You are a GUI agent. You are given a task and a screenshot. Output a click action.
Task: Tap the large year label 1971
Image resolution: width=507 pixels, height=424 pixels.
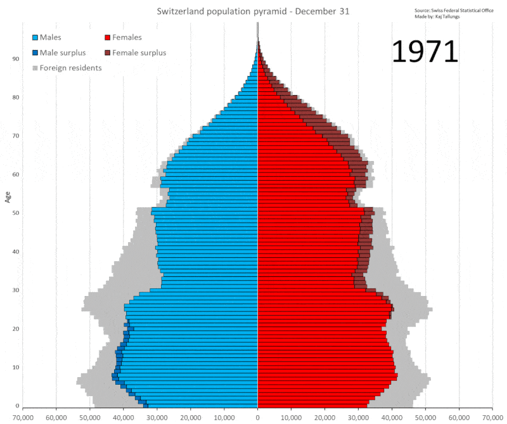tap(425, 53)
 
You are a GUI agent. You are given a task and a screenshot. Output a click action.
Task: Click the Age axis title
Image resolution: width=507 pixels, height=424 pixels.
tap(8, 196)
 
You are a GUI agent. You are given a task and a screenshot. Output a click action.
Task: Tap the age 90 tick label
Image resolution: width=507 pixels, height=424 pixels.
tap(15, 59)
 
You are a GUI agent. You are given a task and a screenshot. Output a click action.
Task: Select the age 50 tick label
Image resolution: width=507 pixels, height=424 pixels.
tap(15, 213)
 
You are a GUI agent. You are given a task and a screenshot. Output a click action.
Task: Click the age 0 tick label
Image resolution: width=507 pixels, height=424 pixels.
tap(17, 406)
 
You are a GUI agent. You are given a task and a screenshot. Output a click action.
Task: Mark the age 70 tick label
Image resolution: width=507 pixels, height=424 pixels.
tap(15, 136)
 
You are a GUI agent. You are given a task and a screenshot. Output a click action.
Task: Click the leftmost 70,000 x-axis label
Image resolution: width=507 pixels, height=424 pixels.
tap(23, 418)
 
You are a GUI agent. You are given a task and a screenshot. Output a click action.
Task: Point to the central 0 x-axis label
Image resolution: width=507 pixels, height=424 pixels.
tap(257, 418)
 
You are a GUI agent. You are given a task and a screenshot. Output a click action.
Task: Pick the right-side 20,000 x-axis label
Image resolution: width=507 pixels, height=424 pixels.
tap(324, 418)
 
